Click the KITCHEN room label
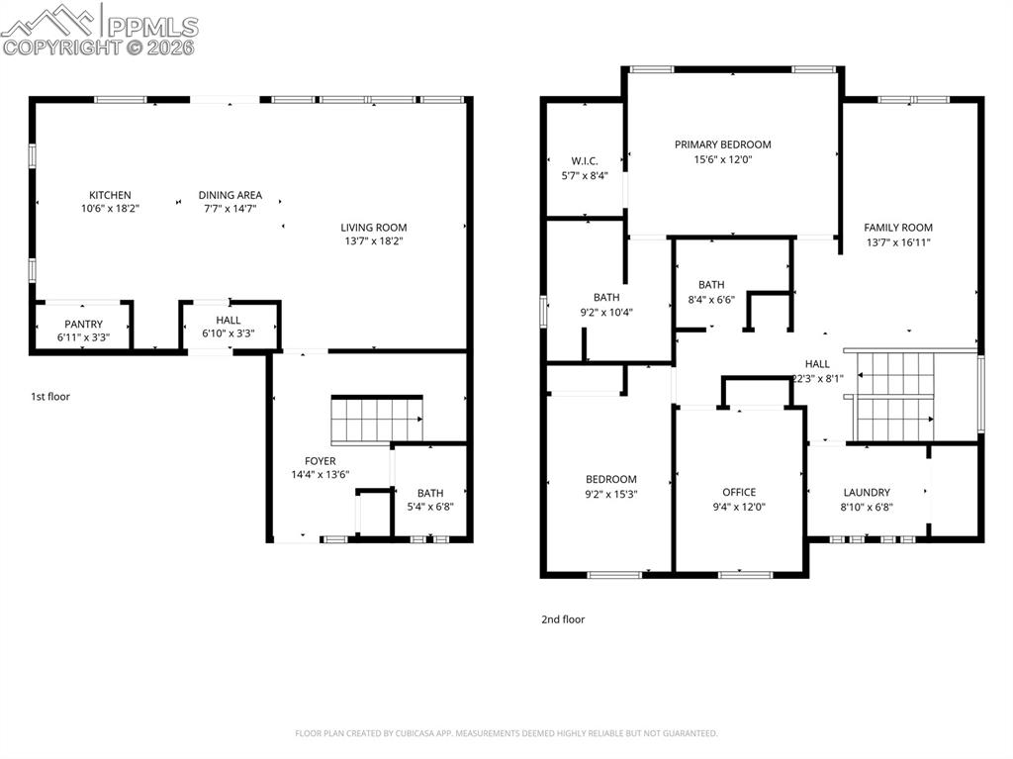110,195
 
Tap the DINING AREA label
230,195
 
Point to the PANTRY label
83,325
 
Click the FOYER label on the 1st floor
320,461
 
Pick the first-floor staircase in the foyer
376,419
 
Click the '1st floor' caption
50,397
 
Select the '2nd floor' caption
563,619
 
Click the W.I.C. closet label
585,161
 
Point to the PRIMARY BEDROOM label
722,144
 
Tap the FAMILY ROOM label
897,228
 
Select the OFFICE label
739,492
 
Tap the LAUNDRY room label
867,492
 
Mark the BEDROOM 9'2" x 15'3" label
610,480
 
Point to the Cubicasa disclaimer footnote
506,733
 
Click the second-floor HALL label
817,364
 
